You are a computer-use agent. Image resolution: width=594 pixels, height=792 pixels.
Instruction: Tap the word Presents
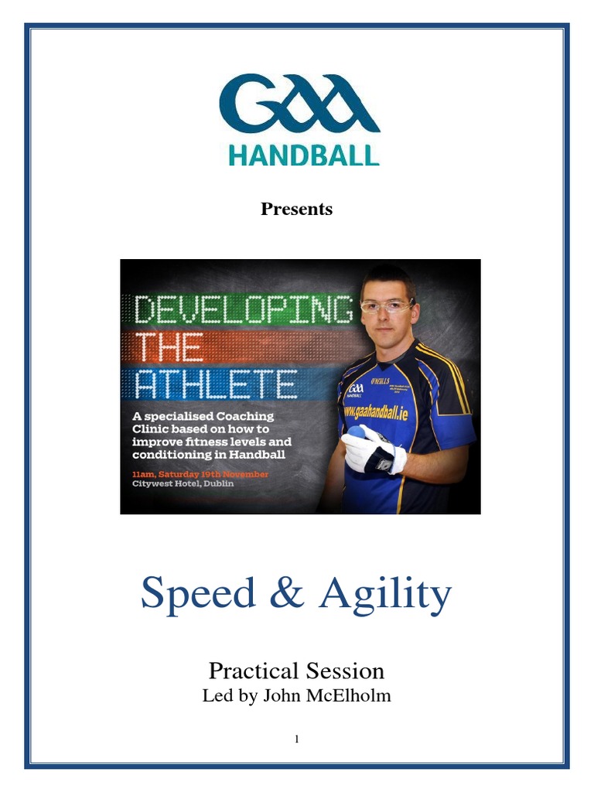(x=296, y=209)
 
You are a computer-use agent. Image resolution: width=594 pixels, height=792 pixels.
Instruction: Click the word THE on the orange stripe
(x=169, y=347)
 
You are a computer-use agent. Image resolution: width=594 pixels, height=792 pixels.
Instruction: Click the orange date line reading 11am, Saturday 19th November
(x=201, y=474)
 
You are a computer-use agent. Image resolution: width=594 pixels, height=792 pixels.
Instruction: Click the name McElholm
(x=348, y=695)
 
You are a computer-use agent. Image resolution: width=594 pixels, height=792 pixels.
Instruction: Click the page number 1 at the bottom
(x=296, y=739)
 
